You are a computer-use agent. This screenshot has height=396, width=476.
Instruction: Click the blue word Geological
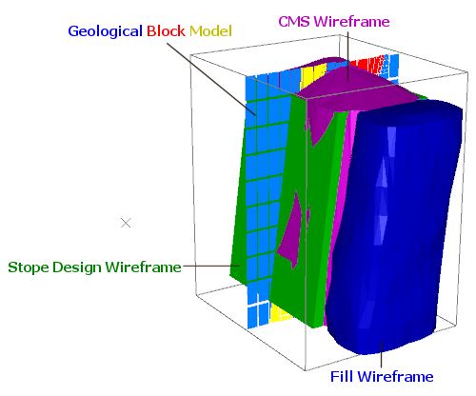(105, 31)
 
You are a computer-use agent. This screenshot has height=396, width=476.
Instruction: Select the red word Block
(166, 31)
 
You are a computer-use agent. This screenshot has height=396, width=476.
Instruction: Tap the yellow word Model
(210, 31)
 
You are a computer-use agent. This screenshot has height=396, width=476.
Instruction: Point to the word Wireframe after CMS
(351, 22)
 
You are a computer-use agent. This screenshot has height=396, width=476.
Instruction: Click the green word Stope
(29, 267)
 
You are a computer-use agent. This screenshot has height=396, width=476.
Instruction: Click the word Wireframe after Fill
(397, 377)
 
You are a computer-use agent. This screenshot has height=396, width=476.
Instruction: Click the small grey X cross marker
(126, 223)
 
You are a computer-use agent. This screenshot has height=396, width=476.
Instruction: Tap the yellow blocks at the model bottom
(279, 313)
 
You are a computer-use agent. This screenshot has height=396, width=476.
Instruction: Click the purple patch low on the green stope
(291, 230)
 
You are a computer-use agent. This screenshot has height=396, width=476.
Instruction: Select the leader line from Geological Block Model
(211, 78)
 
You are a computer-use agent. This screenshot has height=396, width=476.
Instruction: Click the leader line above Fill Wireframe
(381, 354)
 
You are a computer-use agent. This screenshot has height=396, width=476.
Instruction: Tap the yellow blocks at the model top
(313, 75)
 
